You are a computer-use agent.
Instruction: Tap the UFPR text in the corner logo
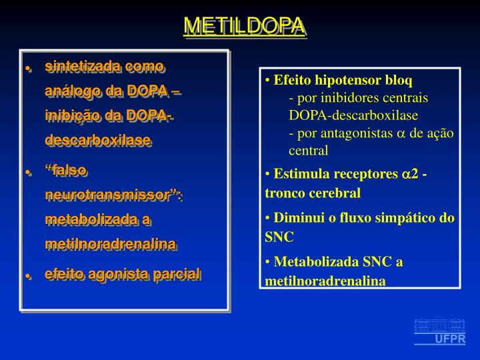450,339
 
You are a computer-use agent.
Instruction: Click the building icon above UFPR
439,325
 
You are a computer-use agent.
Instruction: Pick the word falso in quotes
67,170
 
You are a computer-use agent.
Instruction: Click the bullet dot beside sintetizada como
29,68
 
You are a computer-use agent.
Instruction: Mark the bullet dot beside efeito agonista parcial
29,275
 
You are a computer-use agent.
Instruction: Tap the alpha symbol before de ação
401,133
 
